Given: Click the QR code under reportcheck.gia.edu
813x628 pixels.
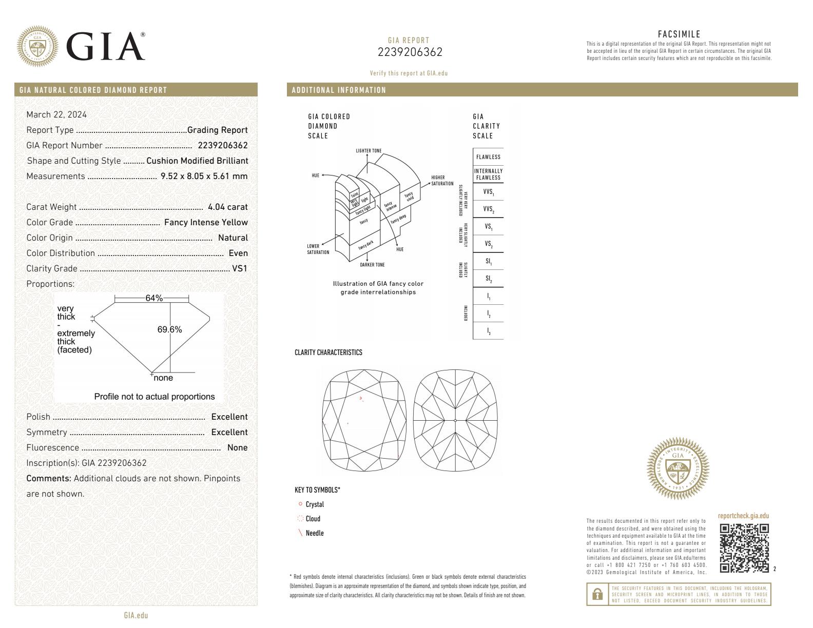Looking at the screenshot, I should [744, 548].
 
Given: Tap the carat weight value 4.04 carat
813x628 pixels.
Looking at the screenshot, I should [227, 207].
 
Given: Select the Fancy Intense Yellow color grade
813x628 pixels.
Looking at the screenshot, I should [206, 223].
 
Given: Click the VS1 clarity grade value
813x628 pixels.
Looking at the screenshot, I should [240, 268].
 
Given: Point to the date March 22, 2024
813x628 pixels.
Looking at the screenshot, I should [56, 114].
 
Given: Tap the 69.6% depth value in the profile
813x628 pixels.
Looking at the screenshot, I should [169, 330].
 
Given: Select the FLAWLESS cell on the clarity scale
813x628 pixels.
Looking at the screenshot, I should [488, 157].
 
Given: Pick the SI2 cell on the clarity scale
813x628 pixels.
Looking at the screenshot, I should [488, 279].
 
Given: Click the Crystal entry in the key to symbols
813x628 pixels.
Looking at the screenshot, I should [315, 504].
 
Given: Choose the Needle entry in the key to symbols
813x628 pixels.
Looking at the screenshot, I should [314, 533].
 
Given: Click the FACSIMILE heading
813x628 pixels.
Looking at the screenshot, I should [679, 34].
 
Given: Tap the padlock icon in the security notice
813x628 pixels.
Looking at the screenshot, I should [597, 594].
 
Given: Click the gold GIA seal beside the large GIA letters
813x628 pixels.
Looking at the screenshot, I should [37, 47].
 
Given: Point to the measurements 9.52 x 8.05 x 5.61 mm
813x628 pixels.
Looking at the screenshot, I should [204, 176].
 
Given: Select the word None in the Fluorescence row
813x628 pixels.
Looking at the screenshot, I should [237, 448].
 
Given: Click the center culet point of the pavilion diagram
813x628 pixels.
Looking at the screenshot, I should [456, 421].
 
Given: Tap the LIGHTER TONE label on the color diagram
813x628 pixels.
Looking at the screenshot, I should [369, 151].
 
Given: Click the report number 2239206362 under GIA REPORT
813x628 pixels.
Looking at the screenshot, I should [410, 52].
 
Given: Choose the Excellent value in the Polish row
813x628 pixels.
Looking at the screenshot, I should [229, 417].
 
